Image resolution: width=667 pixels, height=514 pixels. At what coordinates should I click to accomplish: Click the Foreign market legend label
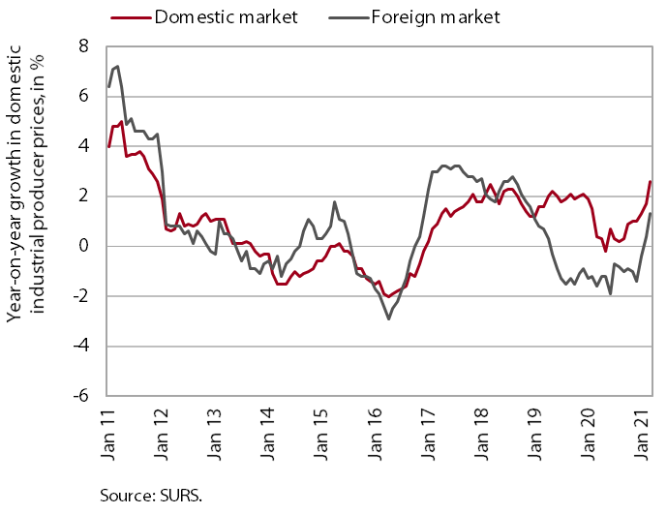(435, 17)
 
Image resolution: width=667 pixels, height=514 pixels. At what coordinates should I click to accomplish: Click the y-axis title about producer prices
(23, 221)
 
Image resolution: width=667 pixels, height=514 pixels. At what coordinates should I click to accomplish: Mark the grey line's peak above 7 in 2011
(117, 67)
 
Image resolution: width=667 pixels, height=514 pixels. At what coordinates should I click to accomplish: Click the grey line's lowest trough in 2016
(388, 318)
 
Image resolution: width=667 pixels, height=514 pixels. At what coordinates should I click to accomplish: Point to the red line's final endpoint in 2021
(651, 181)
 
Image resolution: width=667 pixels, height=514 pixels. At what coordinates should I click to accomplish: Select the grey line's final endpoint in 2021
(651, 214)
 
